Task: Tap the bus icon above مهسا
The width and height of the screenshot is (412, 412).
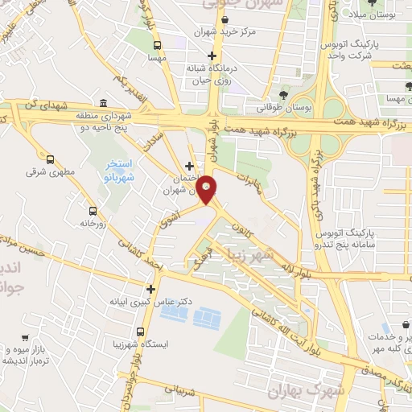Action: pos(157,45)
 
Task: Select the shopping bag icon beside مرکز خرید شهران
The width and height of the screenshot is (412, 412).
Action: pos(203,33)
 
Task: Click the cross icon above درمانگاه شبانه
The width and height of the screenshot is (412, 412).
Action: pos(212,56)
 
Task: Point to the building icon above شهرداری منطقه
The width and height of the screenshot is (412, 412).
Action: pos(103,104)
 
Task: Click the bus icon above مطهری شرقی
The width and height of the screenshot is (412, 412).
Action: pos(51,159)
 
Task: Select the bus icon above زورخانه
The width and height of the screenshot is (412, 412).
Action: pos(93,210)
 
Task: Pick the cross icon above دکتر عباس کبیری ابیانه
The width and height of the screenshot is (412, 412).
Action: pos(150,288)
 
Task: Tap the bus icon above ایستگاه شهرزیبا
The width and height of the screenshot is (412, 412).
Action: pos(141,332)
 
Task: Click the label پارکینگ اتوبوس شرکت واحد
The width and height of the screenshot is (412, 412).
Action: pos(345,50)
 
